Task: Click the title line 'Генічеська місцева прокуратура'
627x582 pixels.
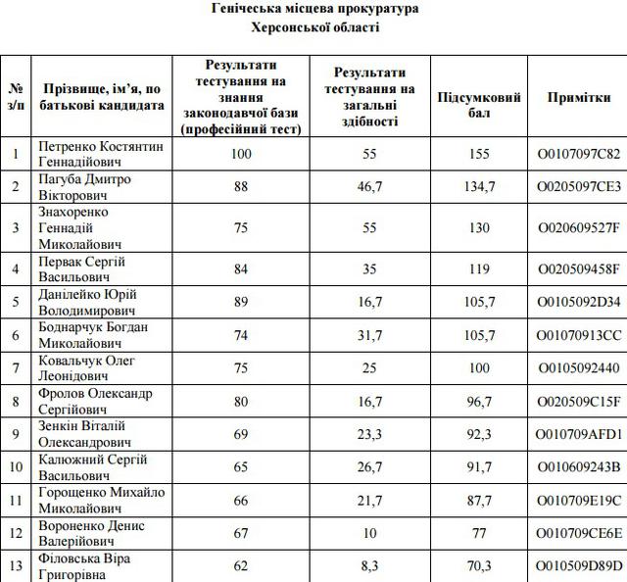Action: point(314,9)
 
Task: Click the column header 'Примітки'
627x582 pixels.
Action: point(580,98)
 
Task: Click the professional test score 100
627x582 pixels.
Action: point(241,154)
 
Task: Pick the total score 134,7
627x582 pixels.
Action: point(479,187)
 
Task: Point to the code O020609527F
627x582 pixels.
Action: point(580,227)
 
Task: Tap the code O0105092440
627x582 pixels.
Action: point(580,368)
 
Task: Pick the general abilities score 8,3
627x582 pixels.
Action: point(369,565)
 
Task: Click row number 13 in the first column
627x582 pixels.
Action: point(16,565)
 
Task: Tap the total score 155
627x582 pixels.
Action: point(479,154)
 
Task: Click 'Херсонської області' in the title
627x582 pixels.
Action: point(314,27)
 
